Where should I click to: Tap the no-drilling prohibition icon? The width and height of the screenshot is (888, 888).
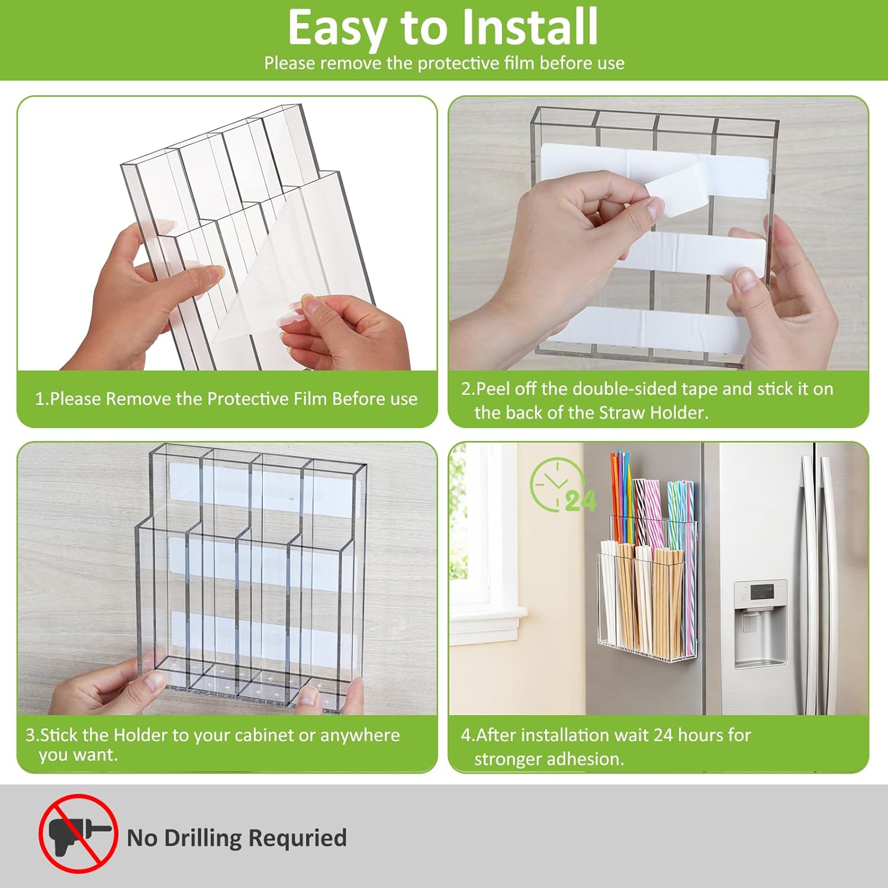[x=78, y=834]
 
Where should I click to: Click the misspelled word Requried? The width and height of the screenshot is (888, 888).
[x=297, y=838]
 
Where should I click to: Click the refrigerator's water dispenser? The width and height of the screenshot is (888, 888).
[x=760, y=625]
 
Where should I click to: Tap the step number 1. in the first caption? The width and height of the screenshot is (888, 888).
[x=41, y=399]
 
